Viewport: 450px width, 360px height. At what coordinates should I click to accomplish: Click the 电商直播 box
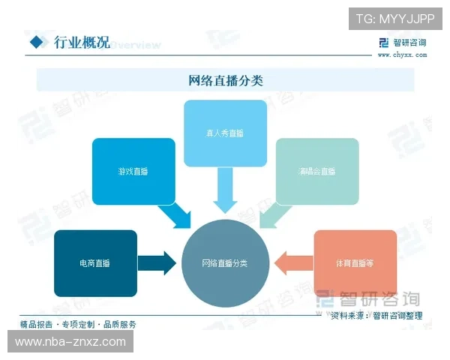pos(95,263)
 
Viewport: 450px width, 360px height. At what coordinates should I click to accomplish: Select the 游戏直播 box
pos(133,171)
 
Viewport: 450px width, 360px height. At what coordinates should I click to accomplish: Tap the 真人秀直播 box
pos(225,133)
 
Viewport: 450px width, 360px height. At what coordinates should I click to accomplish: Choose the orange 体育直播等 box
pos(355,263)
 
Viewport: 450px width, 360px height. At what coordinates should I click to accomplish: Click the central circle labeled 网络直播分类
pos(225,263)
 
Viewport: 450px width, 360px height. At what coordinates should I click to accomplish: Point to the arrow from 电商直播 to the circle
pos(159,263)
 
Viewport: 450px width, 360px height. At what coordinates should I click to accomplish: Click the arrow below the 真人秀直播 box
pos(225,190)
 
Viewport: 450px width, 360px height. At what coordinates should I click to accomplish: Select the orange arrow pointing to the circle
pos(292,263)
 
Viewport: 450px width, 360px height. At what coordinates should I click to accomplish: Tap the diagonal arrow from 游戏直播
pos(174,215)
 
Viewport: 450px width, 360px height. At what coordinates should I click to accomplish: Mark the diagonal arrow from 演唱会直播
pos(275,215)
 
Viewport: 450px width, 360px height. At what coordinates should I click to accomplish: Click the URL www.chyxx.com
pos(402,55)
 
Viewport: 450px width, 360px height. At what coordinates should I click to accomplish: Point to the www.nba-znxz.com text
pos(70,342)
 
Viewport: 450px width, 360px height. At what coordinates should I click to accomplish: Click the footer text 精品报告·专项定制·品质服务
pos(78,324)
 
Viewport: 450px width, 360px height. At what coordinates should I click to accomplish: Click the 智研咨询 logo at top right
pos(403,42)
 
